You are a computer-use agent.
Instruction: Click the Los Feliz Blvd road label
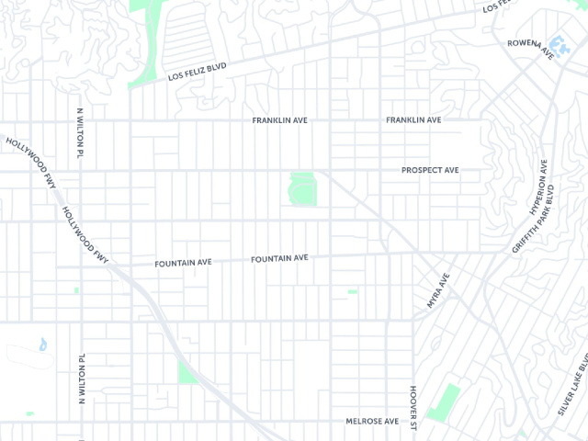tap(198, 72)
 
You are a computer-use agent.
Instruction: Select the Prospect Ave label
tap(430, 170)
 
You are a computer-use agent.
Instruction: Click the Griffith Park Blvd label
tap(535, 220)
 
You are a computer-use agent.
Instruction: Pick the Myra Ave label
tap(438, 289)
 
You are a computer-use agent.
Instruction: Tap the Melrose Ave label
tap(372, 421)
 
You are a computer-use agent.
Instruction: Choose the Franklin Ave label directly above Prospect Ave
tap(413, 120)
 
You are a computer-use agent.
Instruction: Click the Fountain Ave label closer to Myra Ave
tap(279, 259)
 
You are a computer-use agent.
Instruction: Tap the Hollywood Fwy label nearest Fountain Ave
tap(86, 235)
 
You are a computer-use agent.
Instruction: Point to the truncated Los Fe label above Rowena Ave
tap(495, 6)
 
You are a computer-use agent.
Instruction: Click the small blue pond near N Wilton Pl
tap(42, 345)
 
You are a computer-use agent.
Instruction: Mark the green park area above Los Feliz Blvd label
tap(147, 37)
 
